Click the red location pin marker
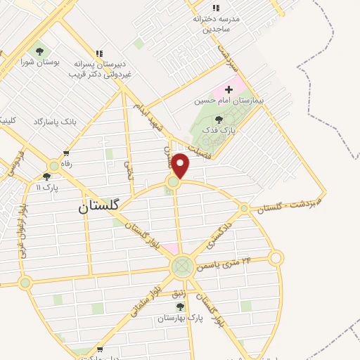click(181, 166)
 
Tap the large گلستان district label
click(100, 206)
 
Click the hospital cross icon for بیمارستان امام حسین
click(229, 89)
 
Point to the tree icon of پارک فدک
click(219, 120)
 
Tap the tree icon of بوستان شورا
click(39, 51)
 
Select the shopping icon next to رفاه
click(66, 153)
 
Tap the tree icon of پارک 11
click(47, 176)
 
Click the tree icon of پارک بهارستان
click(181, 307)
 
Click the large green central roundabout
click(182, 266)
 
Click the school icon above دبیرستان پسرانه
click(99, 53)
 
